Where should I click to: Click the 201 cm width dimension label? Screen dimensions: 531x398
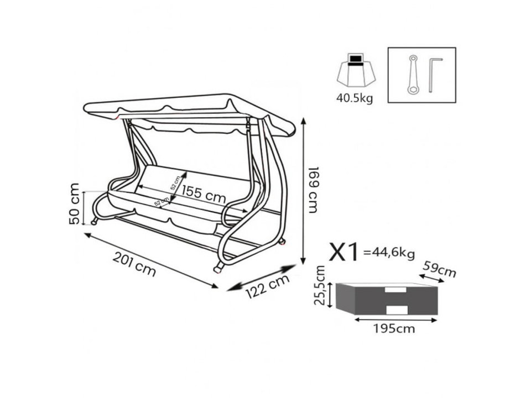pos(134,264)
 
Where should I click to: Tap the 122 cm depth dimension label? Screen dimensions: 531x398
pos(268,286)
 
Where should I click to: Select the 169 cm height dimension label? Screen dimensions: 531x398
pos(313,190)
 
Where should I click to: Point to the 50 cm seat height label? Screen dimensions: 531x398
pos(74,204)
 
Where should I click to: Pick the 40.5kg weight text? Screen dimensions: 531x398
pos(355,98)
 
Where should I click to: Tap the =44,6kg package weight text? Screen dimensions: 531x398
pos(389,253)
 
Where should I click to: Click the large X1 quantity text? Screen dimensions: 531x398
pos(343,252)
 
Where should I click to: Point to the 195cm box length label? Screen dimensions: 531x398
pos(394,328)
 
